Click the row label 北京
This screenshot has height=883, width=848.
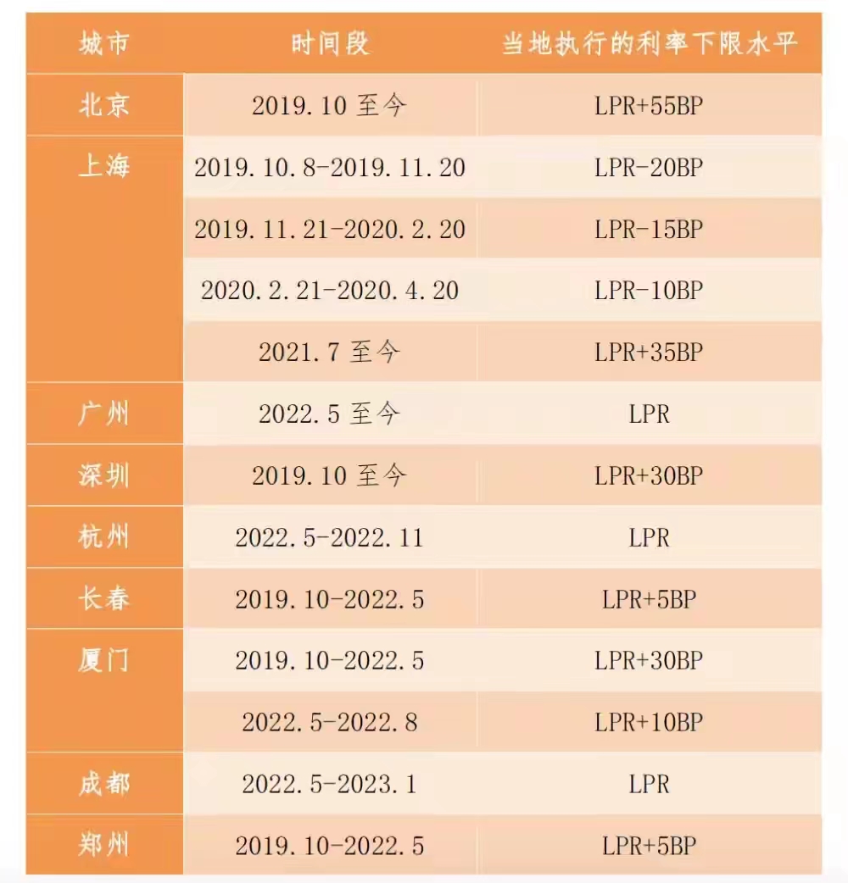click(104, 106)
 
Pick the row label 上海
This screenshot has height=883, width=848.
click(104, 167)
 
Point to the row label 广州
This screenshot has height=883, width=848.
click(104, 414)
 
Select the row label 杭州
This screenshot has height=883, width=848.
click(104, 537)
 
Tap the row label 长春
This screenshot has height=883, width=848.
click(104, 599)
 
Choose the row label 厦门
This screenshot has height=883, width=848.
click(104, 660)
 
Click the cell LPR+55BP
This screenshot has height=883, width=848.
click(650, 106)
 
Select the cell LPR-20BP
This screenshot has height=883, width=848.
click(650, 168)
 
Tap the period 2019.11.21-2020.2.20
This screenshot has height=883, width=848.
click(330, 230)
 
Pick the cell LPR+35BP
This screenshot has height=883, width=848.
click(650, 353)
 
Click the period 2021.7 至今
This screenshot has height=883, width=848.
click(330, 353)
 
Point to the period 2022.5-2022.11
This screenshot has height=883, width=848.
click(330, 537)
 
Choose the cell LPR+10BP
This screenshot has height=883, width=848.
click(650, 722)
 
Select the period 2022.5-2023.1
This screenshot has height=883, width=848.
click(330, 784)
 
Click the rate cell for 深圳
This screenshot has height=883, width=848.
click(650, 475)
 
